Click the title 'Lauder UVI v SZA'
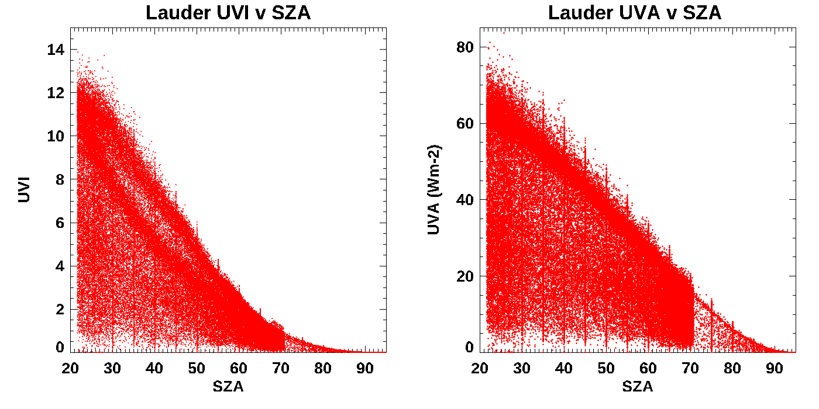(228, 13)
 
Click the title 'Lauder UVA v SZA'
(635, 13)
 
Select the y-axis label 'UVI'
(24, 190)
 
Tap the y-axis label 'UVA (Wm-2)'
(433, 190)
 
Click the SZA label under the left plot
(228, 387)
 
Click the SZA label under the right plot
(637, 387)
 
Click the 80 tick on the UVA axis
(464, 47)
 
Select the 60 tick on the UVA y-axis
(464, 123)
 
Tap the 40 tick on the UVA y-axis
(464, 200)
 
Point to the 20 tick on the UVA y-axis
(464, 276)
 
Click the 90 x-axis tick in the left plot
(365, 369)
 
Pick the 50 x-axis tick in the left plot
(197, 369)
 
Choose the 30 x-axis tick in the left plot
(112, 369)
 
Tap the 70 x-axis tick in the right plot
(690, 369)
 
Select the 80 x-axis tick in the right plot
(732, 369)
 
